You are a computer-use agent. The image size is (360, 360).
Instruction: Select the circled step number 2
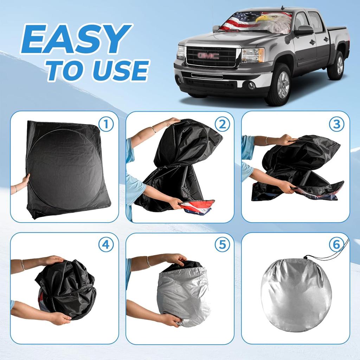point(222,124)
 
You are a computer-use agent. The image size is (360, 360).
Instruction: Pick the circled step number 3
point(337,124)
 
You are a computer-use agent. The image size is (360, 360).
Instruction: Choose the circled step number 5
point(222,245)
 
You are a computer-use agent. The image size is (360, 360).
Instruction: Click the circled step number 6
point(337,245)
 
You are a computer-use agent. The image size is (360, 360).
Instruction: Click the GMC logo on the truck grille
point(208,56)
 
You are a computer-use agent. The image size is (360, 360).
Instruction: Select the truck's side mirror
point(303,31)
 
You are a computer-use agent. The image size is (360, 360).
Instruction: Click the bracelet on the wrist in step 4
point(23,265)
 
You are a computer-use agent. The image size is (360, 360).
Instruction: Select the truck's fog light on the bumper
point(250,85)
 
